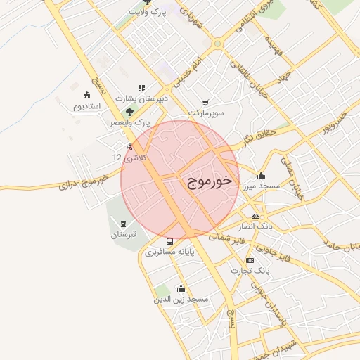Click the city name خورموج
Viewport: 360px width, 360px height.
pos(210,182)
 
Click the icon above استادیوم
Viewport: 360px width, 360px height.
pos(86,96)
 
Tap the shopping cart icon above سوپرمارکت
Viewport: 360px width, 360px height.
pos(205,103)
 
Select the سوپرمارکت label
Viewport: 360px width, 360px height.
pos(205,112)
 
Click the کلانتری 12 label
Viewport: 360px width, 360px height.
pos(130,158)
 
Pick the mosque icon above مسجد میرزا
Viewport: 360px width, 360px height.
pos(262,176)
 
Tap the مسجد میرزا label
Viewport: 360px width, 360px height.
pos(261,186)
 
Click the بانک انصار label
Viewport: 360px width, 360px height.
pos(255,226)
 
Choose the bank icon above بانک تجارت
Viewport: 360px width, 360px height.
pos(249,260)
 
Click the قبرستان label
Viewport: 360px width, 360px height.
pos(124,234)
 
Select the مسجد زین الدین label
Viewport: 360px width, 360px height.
pos(181,299)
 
